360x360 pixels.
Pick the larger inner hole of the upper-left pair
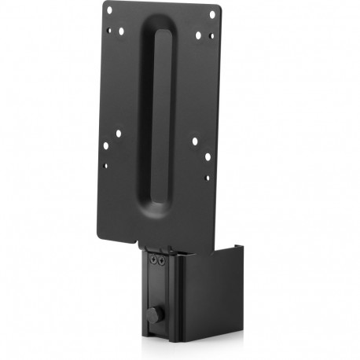tap(121, 31)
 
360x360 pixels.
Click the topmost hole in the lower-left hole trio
tap(118, 133)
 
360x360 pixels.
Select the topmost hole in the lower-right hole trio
tap(195, 141)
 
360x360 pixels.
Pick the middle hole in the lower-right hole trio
tap(208, 156)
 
